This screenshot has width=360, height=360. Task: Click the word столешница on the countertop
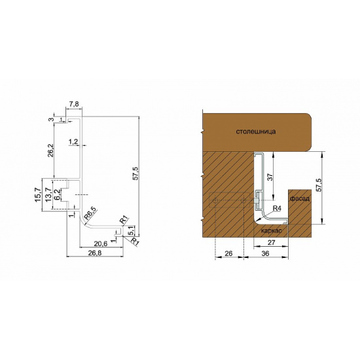[x=256, y=132]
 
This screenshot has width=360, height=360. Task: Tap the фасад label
[x=300, y=198]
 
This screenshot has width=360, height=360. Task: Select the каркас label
[x=272, y=230]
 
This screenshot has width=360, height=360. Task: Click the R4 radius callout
[x=277, y=208]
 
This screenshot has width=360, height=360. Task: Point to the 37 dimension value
[x=270, y=177]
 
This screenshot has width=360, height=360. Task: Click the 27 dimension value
[x=271, y=242]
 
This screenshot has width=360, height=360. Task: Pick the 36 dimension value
[x=265, y=253]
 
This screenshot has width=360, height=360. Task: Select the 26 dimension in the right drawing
[x=228, y=253]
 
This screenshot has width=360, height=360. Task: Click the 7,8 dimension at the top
[x=74, y=104]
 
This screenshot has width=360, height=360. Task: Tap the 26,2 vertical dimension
[x=50, y=150]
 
